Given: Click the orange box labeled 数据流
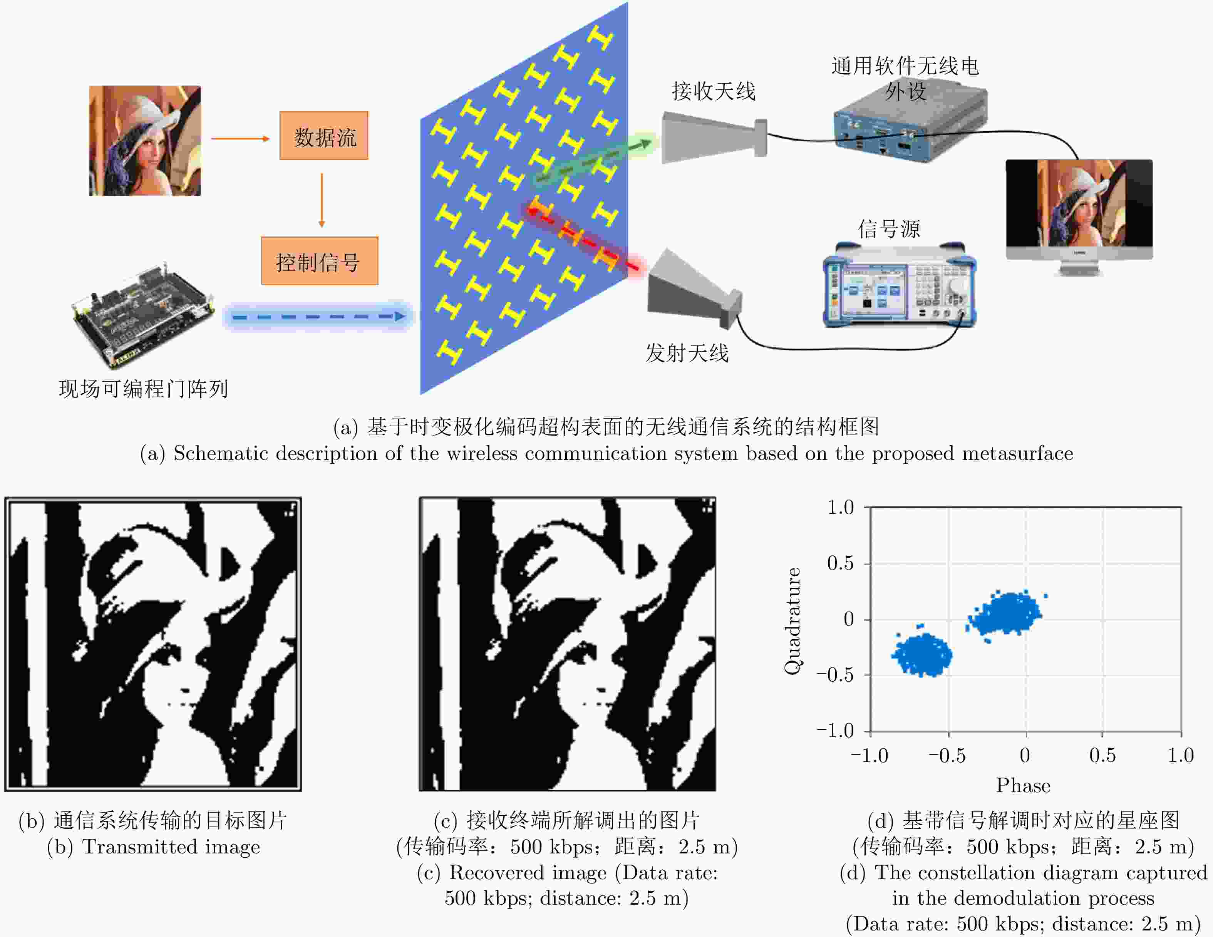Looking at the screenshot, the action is [324, 136].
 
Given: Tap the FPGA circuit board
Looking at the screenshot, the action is [143, 314].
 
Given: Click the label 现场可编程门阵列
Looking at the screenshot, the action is [143, 389].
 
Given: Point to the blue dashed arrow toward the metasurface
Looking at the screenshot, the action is [318, 317].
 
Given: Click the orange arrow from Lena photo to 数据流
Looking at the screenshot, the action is [240, 138].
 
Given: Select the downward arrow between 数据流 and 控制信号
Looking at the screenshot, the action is [322, 200].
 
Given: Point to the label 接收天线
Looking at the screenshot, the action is [714, 91].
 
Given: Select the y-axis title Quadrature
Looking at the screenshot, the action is [792, 621].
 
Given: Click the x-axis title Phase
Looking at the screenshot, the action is [1023, 785].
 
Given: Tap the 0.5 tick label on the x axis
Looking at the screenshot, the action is [1102, 755].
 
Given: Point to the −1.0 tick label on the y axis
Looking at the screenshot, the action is [835, 730].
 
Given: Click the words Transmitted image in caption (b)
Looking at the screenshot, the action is [171, 846].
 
